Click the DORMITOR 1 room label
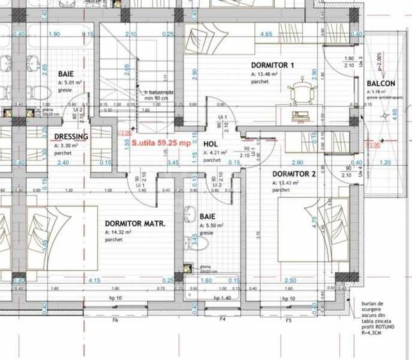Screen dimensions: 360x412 click(x=273, y=65)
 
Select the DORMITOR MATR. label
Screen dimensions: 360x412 click(x=135, y=224)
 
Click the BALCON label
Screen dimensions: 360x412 click(x=381, y=84)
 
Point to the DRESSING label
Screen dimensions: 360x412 click(x=71, y=137)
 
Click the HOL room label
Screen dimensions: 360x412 click(x=210, y=145)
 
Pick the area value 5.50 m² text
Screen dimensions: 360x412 click(x=211, y=226)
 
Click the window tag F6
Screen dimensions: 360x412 click(x=116, y=320)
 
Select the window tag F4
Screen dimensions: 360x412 click(x=223, y=320)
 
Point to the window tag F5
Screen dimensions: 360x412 click(x=289, y=320)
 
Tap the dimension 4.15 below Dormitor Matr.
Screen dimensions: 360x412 click(x=95, y=280)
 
